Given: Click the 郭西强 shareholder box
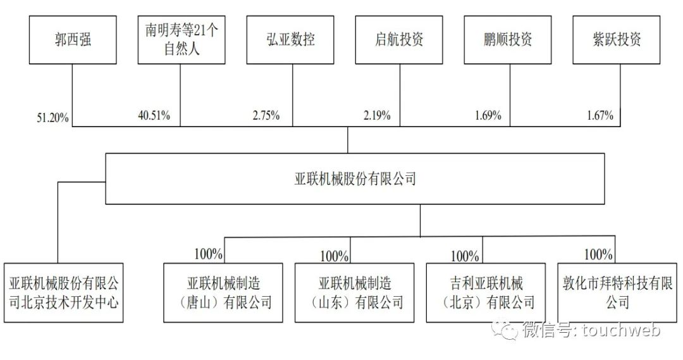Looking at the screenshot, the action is pos(72,39).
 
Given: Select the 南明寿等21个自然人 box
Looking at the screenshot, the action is pos(182,39).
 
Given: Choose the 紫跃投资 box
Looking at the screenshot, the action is pos(617,39).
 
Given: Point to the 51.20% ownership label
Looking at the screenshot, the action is pos(53,117).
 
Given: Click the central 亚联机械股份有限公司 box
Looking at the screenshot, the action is pos(356,178).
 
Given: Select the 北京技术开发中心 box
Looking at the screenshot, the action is pos(64,292).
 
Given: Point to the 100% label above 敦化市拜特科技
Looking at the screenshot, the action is pos(598,254).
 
